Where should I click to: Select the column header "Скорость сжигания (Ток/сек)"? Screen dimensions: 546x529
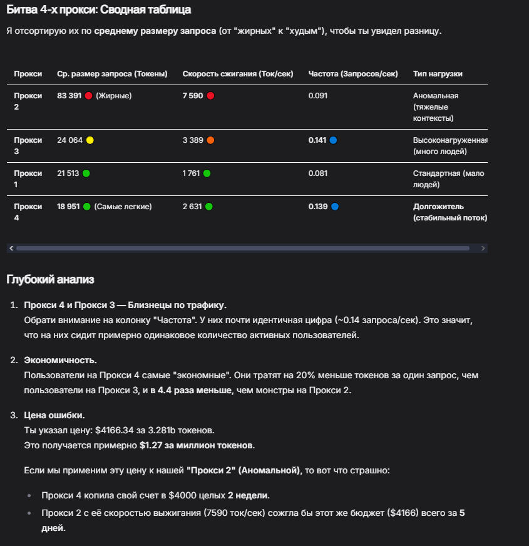coord(237,74)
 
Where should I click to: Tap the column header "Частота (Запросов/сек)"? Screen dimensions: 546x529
coord(353,74)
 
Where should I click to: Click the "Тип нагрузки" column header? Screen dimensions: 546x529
coord(438,74)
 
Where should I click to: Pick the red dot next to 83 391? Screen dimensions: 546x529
coord(88,96)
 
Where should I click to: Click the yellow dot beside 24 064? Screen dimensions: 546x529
coord(90,140)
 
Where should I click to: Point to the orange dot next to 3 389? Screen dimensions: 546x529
coord(210,140)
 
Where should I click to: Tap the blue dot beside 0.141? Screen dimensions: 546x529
coord(333,140)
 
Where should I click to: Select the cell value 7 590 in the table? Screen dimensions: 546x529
coord(193,96)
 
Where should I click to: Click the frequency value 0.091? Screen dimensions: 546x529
coord(318,96)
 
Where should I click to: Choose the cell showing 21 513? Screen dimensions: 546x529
coord(68,173)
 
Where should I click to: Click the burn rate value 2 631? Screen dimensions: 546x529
coord(193,207)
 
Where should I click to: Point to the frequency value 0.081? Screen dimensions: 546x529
coord(318,173)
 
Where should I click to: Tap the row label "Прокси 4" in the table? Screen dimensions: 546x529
coord(28,212)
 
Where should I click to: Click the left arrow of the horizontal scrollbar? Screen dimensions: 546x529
coord(11,249)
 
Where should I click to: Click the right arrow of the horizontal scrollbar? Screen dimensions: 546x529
coord(482,249)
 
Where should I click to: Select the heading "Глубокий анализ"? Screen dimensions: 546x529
coord(50,279)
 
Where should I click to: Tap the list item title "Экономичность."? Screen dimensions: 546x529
coord(60,361)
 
